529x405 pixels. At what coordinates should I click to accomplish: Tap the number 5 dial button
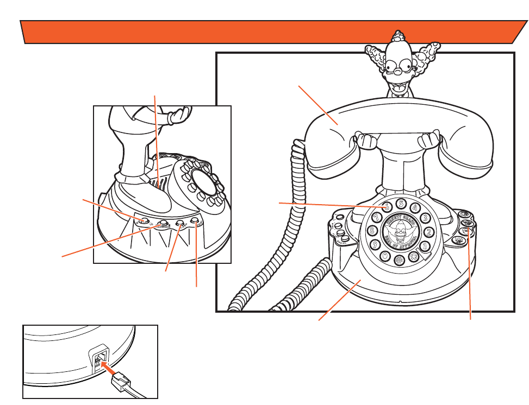(401, 204)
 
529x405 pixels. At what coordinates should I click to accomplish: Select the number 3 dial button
(425, 218)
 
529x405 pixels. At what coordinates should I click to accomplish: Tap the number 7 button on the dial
(377, 217)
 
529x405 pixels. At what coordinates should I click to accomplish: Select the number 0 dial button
(385, 256)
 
